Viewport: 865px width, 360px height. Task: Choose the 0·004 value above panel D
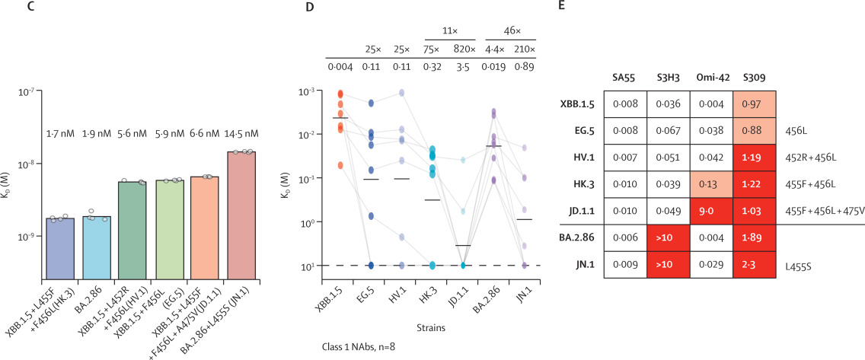coord(340,67)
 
